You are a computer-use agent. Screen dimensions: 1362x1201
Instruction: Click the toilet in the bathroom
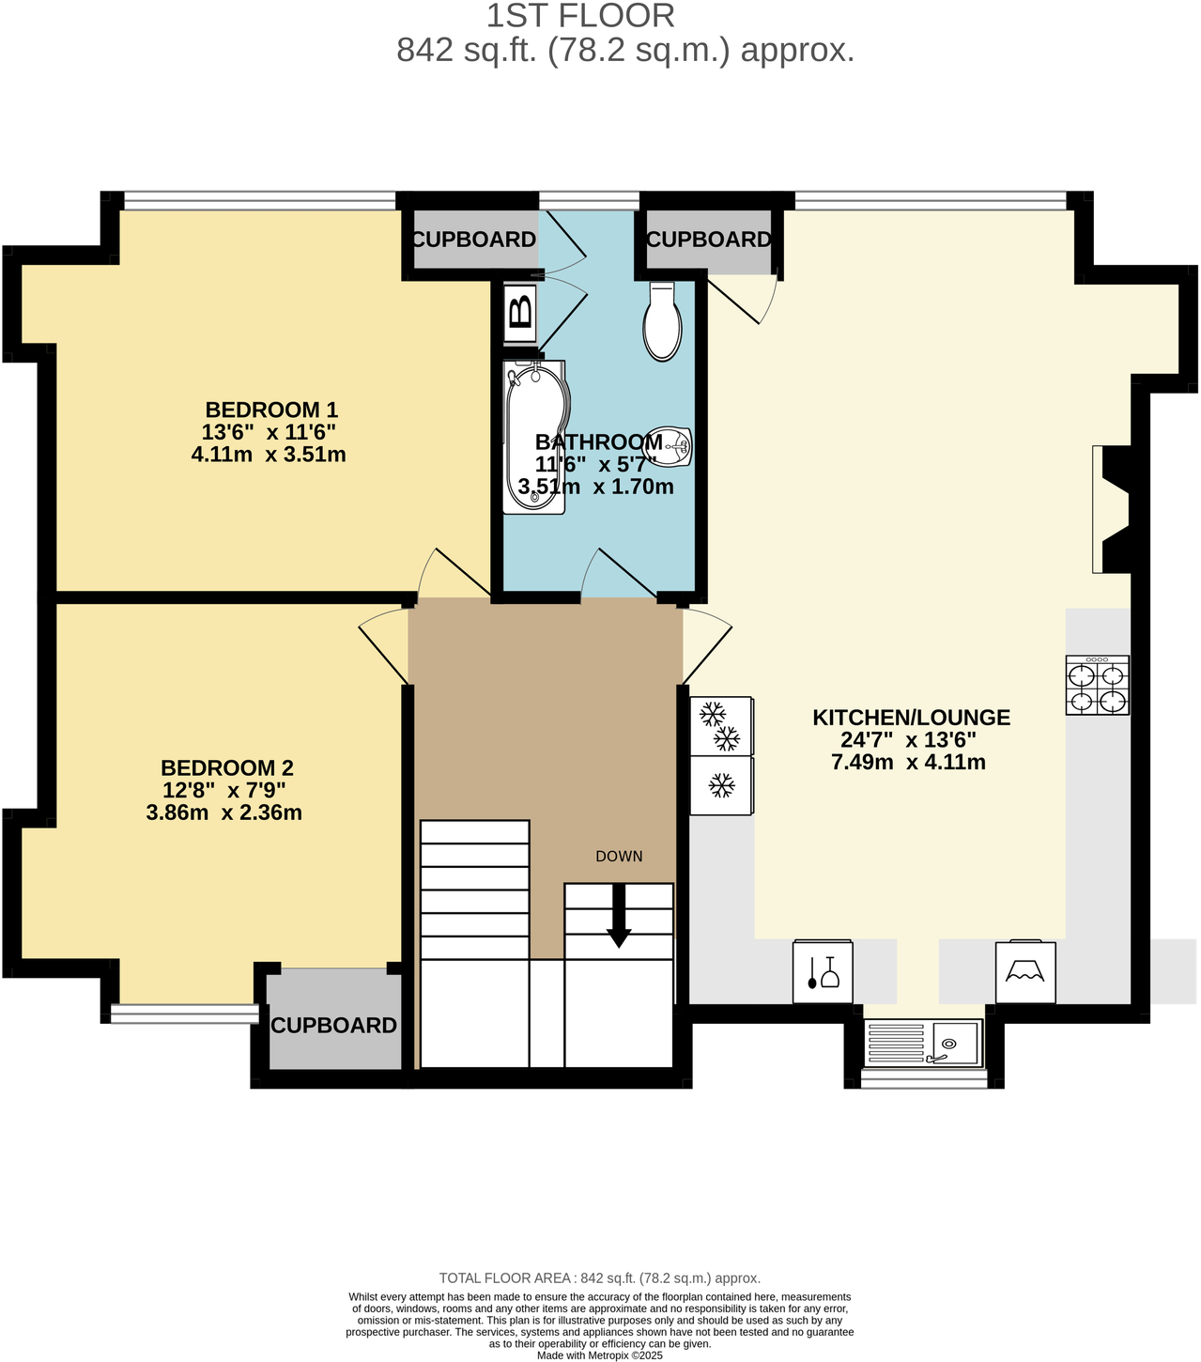pyautogui.click(x=663, y=322)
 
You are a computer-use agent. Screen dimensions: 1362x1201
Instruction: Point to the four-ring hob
pyautogui.click(x=1097, y=686)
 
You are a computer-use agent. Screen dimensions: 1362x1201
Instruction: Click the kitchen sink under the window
pyautogui.click(x=923, y=1043)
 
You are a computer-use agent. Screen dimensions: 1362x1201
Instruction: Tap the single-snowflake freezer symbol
pyautogui.click(x=721, y=786)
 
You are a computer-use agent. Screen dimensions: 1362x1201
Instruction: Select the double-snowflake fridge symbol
pyautogui.click(x=721, y=725)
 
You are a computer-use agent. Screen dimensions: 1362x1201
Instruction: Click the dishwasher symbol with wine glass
pyautogui.click(x=823, y=972)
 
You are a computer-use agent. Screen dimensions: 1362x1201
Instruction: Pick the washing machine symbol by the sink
pyautogui.click(x=1025, y=972)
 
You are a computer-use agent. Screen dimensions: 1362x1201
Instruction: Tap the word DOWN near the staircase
pyautogui.click(x=619, y=856)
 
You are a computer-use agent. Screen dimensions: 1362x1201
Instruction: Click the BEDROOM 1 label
pyautogui.click(x=271, y=410)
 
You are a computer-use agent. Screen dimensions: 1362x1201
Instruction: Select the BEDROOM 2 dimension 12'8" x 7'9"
pyautogui.click(x=223, y=790)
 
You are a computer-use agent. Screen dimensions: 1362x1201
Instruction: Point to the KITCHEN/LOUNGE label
pyautogui.click(x=911, y=718)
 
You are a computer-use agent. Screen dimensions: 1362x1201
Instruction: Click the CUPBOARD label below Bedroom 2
pyautogui.click(x=333, y=1025)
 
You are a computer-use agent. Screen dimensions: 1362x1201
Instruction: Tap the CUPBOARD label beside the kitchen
pyautogui.click(x=708, y=240)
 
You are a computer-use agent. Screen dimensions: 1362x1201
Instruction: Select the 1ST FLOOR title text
pyautogui.click(x=580, y=16)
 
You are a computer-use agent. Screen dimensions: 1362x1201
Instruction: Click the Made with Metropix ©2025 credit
pyautogui.click(x=599, y=1355)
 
